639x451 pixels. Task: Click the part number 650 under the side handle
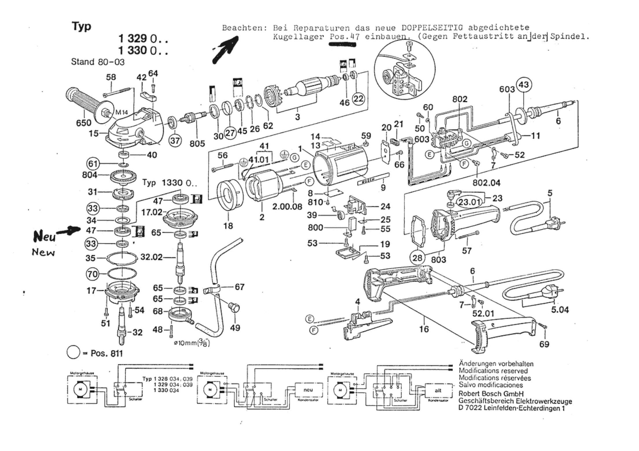click(x=84, y=123)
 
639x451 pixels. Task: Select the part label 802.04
click(x=486, y=183)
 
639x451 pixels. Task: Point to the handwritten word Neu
click(x=44, y=236)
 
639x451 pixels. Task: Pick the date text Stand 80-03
click(x=98, y=62)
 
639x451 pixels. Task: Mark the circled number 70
click(x=93, y=274)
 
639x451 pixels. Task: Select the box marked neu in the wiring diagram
click(x=308, y=390)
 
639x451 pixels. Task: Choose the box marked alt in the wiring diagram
click(x=438, y=391)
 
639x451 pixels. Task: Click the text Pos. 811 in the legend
click(x=106, y=353)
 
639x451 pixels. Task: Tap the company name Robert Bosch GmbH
click(x=491, y=394)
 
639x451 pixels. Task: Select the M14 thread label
click(x=121, y=112)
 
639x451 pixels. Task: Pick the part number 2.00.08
click(x=287, y=207)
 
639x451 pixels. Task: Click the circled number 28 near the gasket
click(x=417, y=257)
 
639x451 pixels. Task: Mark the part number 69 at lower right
click(x=544, y=344)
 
